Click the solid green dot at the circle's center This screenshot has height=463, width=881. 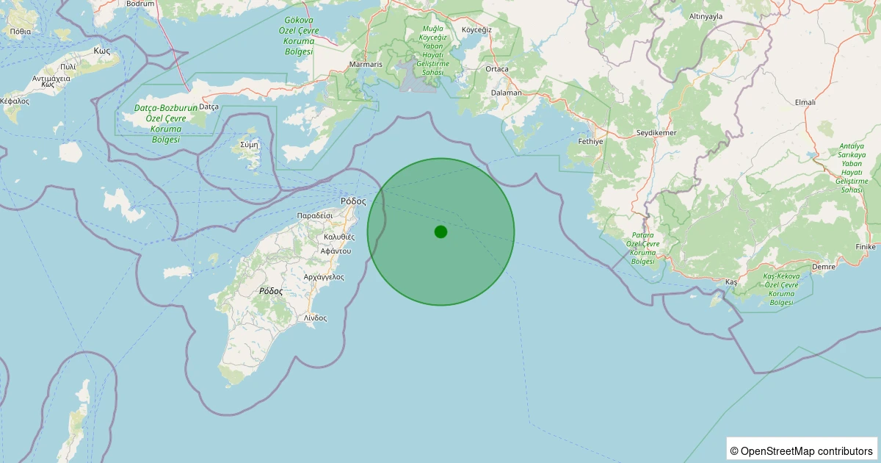tap(440, 232)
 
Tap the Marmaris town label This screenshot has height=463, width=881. tap(366, 65)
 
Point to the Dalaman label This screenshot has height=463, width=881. tap(507, 93)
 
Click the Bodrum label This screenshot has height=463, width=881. tap(140, 4)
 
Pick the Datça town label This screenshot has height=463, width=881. tap(209, 107)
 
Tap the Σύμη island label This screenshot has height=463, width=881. tap(250, 144)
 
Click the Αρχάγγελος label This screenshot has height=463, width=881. tap(324, 276)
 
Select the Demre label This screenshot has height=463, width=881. tap(823, 268)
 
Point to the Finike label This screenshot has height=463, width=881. tap(866, 247)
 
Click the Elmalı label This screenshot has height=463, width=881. tap(805, 102)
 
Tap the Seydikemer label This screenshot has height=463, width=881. tap(656, 133)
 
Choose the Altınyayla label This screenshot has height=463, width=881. tap(707, 36)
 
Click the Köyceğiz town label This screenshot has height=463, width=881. tap(476, 29)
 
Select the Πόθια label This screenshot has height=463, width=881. tap(21, 32)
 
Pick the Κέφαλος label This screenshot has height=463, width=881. tap(15, 101)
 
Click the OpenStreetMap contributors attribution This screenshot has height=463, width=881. tap(802, 451)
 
